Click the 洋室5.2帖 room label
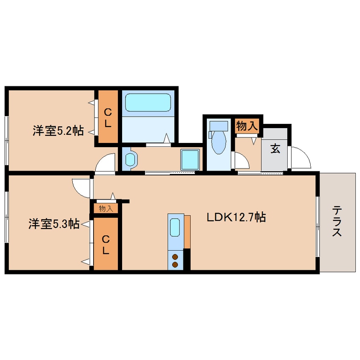pos(57,131)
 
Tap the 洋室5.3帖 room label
pos(54,224)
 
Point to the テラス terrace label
pos(337,221)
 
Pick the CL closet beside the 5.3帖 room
pos(106,244)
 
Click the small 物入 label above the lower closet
pos(106,209)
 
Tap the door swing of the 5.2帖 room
pos(106,163)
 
